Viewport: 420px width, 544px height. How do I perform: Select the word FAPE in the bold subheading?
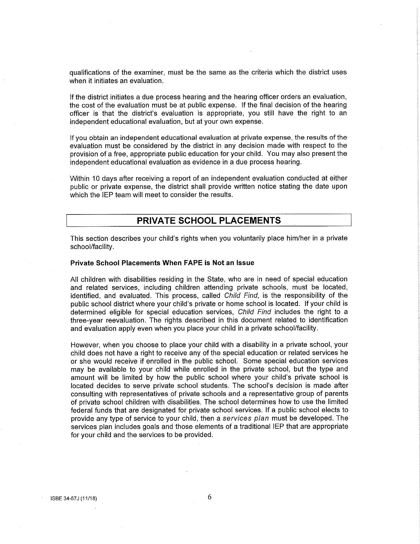(193, 263)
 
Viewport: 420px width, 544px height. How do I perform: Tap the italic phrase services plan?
(246, 418)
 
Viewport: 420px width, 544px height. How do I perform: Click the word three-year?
(87, 320)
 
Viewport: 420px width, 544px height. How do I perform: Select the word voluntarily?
(249, 238)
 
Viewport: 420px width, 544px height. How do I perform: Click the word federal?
(80, 410)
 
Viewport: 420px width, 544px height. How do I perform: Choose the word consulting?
(87, 394)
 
